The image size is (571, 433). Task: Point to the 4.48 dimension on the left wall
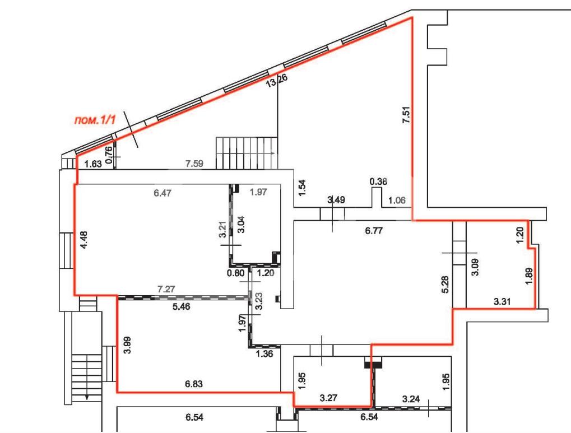point(84,240)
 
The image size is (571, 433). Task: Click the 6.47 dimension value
point(163,193)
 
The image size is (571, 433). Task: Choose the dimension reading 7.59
point(194,164)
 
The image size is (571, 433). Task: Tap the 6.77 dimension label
point(373,231)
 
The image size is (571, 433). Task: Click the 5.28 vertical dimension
point(447,284)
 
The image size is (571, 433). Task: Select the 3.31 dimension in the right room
point(503,301)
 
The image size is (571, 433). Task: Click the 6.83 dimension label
point(194,384)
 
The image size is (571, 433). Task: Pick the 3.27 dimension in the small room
point(328,398)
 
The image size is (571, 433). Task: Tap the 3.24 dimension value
point(411,399)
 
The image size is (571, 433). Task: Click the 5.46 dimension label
point(181,307)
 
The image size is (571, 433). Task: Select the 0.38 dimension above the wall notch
point(378,181)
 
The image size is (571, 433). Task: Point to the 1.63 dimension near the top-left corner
point(93,164)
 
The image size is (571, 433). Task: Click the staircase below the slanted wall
point(247,153)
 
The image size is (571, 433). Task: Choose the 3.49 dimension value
point(336,199)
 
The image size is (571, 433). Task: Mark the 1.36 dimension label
point(264,353)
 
